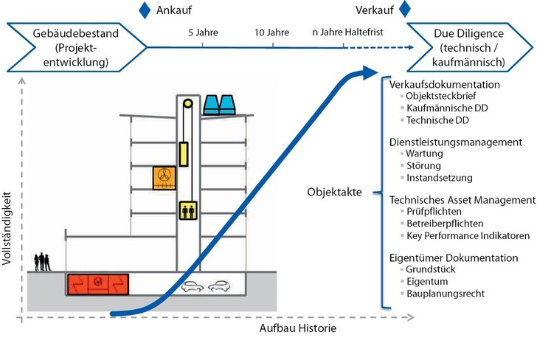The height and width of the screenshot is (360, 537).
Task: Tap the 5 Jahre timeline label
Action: click(x=203, y=32)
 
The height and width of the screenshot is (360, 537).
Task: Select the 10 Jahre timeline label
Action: click(x=272, y=32)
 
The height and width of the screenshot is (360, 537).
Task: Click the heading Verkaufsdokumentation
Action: click(x=444, y=84)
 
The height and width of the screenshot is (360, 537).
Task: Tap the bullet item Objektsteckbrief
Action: click(x=443, y=97)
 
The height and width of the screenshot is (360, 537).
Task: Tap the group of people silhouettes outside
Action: click(x=43, y=262)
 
